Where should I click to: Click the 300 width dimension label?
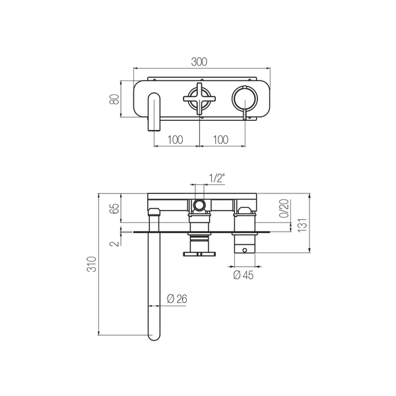click(199, 61)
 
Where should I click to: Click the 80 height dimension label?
click(114, 99)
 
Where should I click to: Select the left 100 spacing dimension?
click(176, 140)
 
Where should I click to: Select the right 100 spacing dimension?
click(220, 140)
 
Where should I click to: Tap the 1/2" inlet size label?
click(217, 178)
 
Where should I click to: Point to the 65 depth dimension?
click(115, 209)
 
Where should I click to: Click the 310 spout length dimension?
click(92, 264)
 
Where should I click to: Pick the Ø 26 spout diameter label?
click(177, 299)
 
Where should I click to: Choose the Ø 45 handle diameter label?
click(243, 275)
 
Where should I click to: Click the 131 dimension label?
click(302, 225)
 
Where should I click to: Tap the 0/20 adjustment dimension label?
click(284, 209)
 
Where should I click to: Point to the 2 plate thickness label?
click(114, 244)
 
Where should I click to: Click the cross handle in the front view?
click(199, 99)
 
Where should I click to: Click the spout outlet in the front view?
click(154, 112)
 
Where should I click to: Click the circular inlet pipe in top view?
click(199, 205)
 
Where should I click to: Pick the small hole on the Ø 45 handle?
click(244, 250)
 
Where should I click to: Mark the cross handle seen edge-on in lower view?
click(199, 253)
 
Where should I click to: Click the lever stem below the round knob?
click(245, 111)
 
